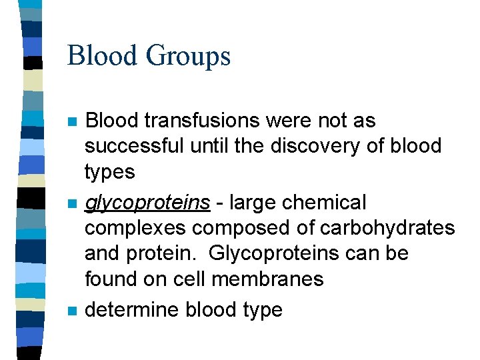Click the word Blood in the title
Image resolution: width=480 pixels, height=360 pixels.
101,55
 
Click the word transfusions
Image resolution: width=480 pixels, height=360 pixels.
217,121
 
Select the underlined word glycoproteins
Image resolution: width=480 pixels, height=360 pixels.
147,202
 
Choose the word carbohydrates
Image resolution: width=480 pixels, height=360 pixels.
388,228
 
